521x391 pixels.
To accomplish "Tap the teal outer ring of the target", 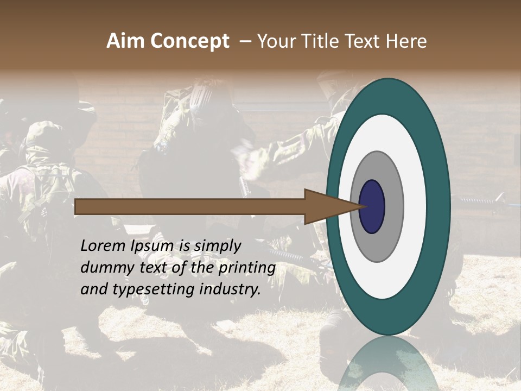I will pos(440,206).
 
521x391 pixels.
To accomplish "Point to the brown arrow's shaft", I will pos(190,206).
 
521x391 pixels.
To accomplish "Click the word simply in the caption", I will pos(217,246).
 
